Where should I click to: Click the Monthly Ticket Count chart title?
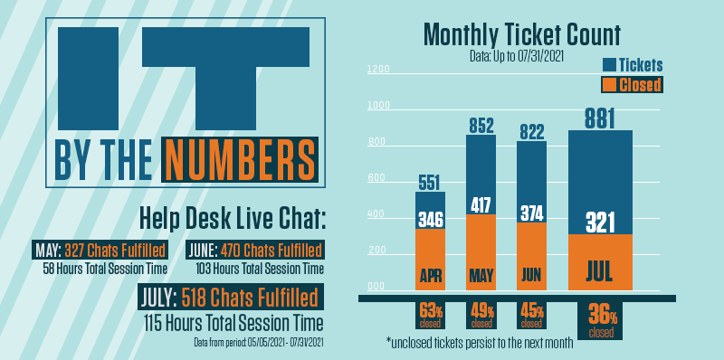pos(521,35)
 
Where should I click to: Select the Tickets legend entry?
pos(633,64)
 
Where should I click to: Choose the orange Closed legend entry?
pos(633,84)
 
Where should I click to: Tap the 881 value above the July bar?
pos(600,118)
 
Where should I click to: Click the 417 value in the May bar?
pos(481,205)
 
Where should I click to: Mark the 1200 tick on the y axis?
pos(378,70)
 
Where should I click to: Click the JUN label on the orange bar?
pos(531,274)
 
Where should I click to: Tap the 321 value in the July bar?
pos(600,222)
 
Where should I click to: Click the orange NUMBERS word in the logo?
pos(241,159)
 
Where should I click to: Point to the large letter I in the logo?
pos(88,78)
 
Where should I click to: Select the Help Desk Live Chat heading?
pos(221,218)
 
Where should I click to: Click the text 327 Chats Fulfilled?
pos(115,250)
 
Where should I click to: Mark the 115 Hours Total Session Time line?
pos(233,321)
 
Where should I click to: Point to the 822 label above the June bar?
pos(531,132)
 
